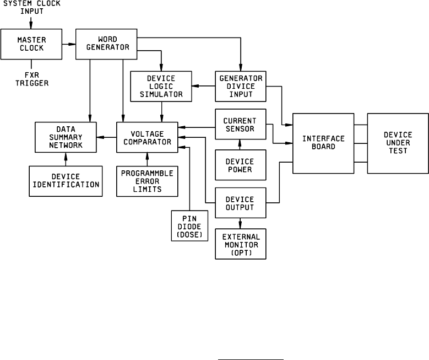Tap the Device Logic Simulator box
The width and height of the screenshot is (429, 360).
pos(161,87)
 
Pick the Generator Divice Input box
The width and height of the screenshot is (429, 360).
pos(240,87)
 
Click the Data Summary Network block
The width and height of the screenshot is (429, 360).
pos(66,137)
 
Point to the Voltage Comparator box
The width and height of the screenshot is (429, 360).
pos(147,137)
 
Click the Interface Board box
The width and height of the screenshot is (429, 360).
pos(323,143)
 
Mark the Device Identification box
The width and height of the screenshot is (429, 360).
pos(66,180)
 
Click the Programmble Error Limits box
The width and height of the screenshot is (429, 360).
pos(147,180)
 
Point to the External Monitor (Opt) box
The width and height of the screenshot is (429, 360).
pos(240,244)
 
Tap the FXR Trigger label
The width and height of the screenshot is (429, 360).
pos(32,79)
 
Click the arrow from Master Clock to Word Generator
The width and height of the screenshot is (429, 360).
pos(68,44)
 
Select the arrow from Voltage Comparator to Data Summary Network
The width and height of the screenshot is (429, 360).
pos(107,137)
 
